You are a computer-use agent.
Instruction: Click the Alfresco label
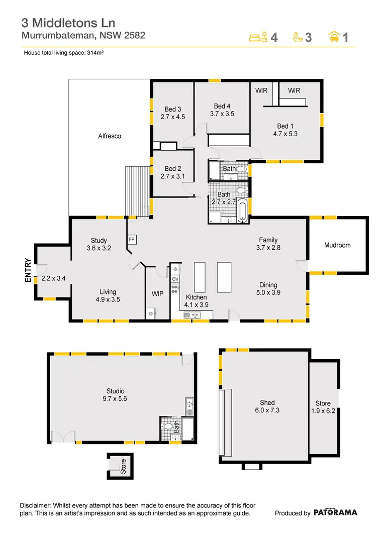110,136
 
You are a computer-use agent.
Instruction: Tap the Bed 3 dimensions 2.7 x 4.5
173,117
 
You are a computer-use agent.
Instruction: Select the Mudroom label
337,245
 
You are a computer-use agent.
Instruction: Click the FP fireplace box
132,239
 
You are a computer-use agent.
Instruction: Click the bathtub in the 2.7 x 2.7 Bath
243,210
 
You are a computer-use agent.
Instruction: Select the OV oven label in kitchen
175,279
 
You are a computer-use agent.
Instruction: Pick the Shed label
267,402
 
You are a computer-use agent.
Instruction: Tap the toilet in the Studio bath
167,428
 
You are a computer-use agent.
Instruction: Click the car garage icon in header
333,37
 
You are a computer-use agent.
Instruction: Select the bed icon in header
259,37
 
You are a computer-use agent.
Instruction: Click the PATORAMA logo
335,513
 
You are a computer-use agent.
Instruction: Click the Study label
100,240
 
